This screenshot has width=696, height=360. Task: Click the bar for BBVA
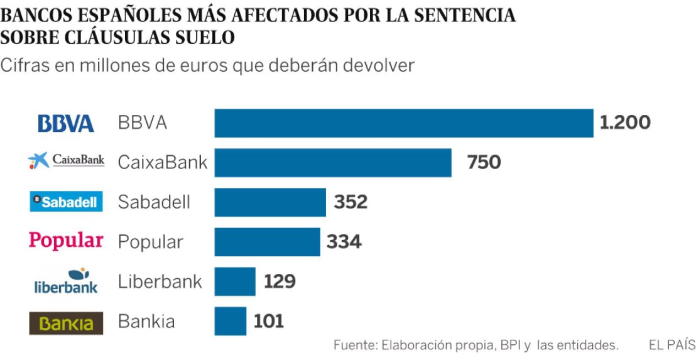click(x=404, y=123)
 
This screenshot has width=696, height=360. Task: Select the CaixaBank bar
click(x=333, y=163)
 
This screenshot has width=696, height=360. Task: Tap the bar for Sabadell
click(x=270, y=202)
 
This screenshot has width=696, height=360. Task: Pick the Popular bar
click(x=268, y=242)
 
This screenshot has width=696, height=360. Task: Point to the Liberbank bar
click(x=235, y=281)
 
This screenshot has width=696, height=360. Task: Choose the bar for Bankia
click(x=231, y=321)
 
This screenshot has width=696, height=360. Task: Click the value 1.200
click(x=625, y=123)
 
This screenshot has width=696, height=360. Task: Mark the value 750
click(x=484, y=163)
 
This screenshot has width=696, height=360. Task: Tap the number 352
click(x=351, y=202)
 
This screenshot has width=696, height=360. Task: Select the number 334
click(x=344, y=242)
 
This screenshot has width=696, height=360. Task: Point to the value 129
click(x=279, y=281)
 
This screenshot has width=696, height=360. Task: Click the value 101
click(x=269, y=322)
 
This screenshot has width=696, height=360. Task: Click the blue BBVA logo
click(x=66, y=123)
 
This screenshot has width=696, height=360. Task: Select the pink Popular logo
click(x=66, y=241)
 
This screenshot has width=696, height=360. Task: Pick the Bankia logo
click(x=66, y=323)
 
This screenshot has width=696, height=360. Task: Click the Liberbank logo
click(x=66, y=281)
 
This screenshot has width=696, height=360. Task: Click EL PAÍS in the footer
click(x=672, y=345)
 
